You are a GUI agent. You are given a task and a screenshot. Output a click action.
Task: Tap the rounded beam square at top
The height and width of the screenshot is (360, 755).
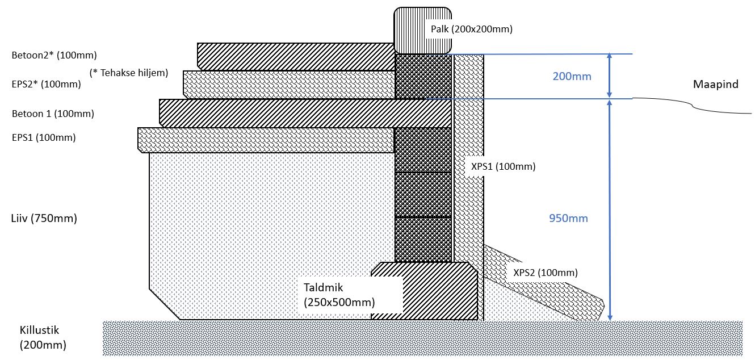423,30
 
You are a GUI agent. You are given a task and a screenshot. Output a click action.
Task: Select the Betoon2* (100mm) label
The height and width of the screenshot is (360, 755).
54,56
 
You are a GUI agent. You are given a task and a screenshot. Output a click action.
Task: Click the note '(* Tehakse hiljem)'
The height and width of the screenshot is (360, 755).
128,73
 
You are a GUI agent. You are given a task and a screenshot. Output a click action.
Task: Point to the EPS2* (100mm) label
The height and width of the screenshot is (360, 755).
47,85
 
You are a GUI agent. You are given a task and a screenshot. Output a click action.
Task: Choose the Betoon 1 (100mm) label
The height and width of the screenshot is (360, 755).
53,114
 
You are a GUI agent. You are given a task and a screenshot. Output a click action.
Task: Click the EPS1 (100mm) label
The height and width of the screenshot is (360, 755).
44,137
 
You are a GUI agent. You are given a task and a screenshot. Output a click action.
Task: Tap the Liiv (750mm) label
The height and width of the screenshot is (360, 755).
44,218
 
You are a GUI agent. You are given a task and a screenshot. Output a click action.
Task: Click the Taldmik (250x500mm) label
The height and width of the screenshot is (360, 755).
339,294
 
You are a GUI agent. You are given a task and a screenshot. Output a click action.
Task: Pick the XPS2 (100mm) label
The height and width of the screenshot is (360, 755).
546,273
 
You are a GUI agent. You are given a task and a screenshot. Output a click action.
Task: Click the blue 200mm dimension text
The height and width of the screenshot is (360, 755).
572,76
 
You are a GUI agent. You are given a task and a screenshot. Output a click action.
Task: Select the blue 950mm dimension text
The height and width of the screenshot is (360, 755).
569,218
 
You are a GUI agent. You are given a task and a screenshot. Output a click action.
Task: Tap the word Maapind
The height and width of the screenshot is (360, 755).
715,85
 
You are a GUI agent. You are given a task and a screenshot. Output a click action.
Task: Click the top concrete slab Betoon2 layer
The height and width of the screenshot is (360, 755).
295,57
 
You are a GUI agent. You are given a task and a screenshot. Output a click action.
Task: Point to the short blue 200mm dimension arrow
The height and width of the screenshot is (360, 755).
609,76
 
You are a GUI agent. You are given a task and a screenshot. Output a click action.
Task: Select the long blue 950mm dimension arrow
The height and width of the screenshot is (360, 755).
609,210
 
